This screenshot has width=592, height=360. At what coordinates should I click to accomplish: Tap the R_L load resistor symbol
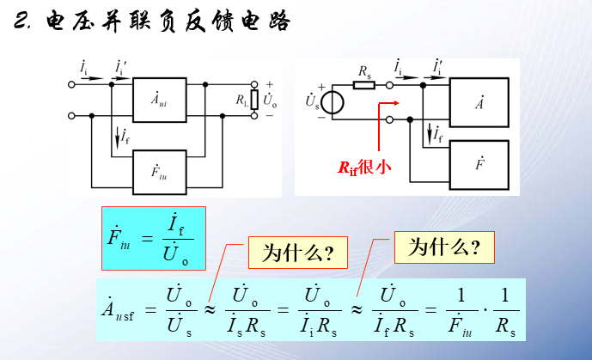253,99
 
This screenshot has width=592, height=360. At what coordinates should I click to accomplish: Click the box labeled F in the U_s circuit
479,162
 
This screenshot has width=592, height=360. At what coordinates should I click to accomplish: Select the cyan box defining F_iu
153,233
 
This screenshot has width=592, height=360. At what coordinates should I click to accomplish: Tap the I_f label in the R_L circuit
125,136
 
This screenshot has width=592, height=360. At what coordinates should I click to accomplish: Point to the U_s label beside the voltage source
311,102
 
